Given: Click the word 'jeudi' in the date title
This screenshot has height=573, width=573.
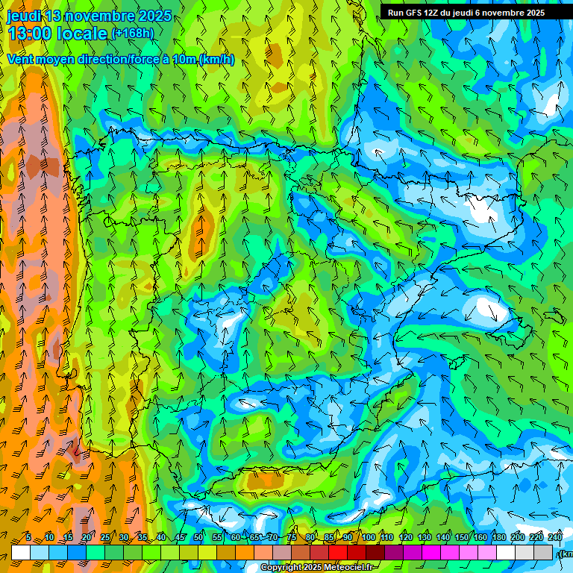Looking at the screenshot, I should pyautogui.click(x=23, y=16).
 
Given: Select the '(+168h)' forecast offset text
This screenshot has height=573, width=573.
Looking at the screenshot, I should pyautogui.click(x=133, y=33).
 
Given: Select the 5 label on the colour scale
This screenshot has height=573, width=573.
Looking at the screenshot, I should pyautogui.click(x=28, y=537).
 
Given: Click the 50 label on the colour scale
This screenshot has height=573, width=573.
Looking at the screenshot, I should pyautogui.click(x=198, y=537).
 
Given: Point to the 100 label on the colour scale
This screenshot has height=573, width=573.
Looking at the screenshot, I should pyautogui.click(x=369, y=537).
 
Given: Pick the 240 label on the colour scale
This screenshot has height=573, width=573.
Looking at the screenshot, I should pyautogui.click(x=555, y=537).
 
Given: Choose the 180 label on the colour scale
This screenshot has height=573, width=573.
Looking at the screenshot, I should pyautogui.click(x=499, y=537).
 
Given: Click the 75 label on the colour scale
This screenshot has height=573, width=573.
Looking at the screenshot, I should pyautogui.click(x=292, y=537).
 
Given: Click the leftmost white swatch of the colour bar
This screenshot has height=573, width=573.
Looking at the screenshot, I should pyautogui.click(x=21, y=552).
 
